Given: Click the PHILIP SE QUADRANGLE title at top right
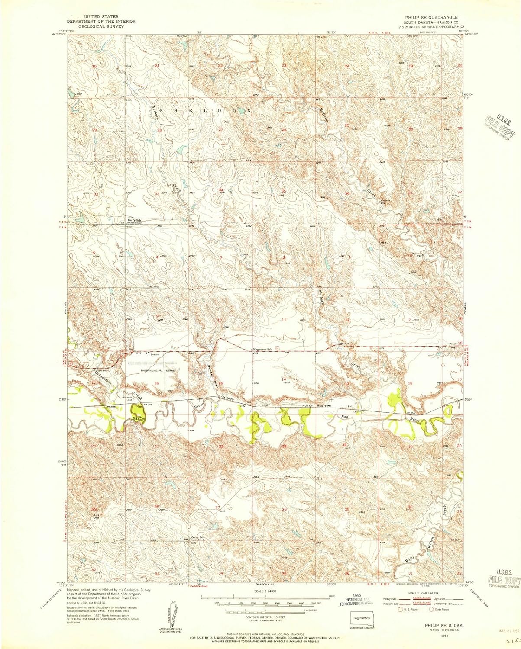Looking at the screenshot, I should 428,17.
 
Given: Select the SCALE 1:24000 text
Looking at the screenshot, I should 265,591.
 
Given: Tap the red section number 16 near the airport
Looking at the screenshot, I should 157,383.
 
